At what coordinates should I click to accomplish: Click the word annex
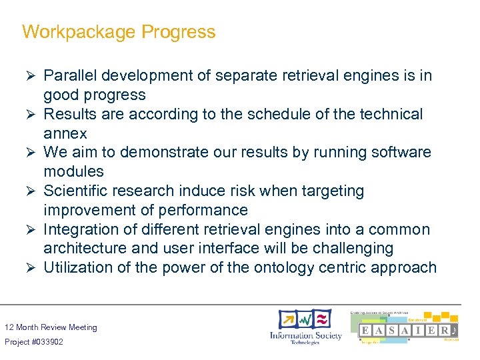coord(65,133)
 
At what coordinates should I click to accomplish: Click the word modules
coord(73,171)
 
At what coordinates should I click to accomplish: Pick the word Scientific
coord(77,191)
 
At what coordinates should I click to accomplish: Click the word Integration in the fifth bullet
coord(78,230)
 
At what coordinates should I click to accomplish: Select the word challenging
coord(343,249)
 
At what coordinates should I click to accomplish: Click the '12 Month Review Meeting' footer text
coord(51,327)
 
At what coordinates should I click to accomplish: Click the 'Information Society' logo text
coord(305,335)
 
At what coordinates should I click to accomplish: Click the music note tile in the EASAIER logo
coord(453,331)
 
